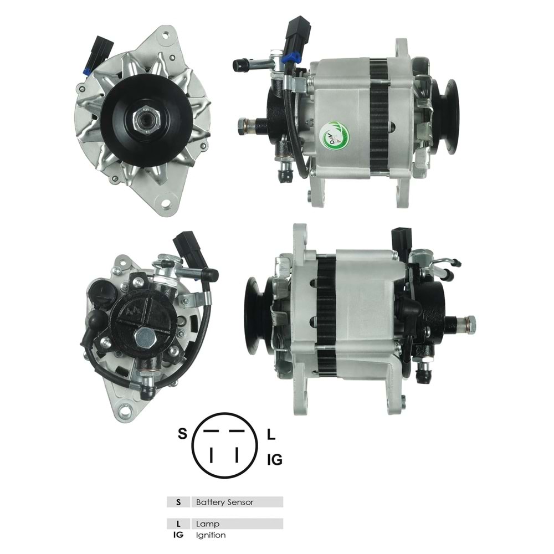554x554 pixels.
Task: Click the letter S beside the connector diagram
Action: [182, 434]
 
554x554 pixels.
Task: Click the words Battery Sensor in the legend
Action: [224, 502]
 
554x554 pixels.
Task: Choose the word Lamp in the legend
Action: [208, 524]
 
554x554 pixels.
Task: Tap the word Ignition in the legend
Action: [211, 535]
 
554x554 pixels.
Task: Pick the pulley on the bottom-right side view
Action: [257, 315]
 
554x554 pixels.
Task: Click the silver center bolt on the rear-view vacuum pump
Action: [145, 336]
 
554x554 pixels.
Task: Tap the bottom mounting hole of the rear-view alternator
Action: [125, 411]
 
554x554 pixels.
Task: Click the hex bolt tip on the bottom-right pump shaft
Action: [470, 321]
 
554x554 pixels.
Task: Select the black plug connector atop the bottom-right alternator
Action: [402, 239]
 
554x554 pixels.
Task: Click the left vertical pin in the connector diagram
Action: [211, 455]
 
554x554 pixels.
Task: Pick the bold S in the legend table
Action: [178, 502]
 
